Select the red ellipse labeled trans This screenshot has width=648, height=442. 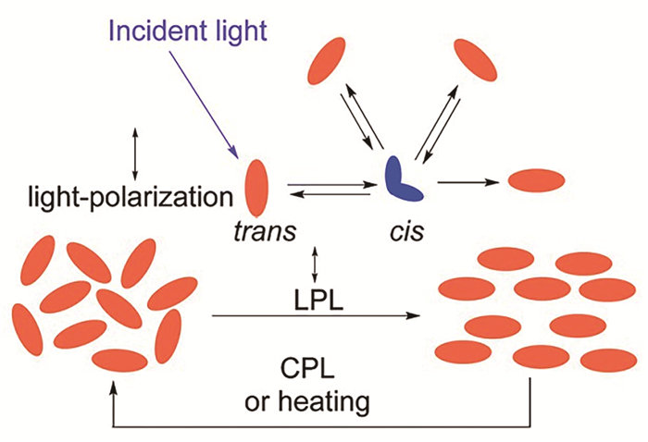click(256, 187)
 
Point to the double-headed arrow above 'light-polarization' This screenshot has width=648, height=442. click(136, 153)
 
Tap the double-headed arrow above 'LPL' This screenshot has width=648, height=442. click(318, 264)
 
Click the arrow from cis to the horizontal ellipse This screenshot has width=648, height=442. click(468, 182)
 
